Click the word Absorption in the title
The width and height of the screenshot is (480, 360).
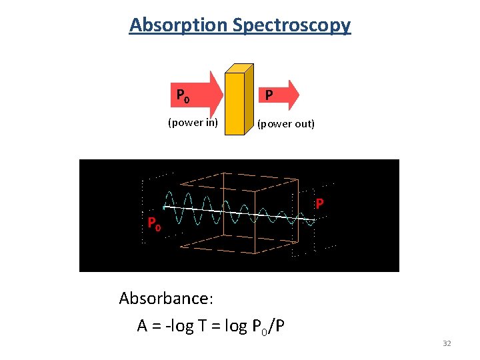[179, 25]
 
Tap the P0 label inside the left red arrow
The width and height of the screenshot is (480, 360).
[183, 97]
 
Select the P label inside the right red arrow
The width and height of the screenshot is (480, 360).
[268, 96]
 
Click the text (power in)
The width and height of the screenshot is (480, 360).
[193, 122]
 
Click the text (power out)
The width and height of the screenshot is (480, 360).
[286, 124]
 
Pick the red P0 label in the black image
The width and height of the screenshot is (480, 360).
[153, 224]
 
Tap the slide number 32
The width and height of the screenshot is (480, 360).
[447, 343]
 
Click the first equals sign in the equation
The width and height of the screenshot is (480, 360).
[157, 326]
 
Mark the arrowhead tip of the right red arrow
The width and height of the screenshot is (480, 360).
[299, 95]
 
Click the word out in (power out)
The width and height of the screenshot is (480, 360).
[303, 124]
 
